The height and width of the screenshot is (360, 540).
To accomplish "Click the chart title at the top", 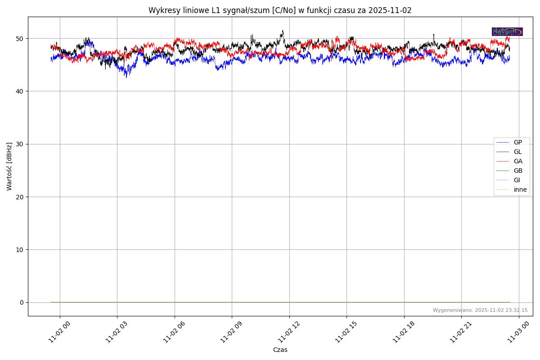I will pyautogui.click(x=280, y=10).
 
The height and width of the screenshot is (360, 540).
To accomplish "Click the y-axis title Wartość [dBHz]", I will pyautogui.click(x=9, y=166).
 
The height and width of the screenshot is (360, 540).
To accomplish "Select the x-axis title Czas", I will pyautogui.click(x=280, y=350).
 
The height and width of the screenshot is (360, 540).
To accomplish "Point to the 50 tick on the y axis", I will pyautogui.click(x=21, y=39).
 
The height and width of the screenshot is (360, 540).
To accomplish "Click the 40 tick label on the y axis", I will pyautogui.click(x=21, y=91).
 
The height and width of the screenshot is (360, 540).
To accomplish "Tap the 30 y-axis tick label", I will pyautogui.click(x=21, y=144).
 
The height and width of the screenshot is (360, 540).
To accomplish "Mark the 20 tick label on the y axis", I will pyautogui.click(x=21, y=197).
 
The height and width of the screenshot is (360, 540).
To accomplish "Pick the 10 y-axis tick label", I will pyautogui.click(x=21, y=249).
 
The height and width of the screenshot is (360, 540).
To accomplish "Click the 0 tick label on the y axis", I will pyautogui.click(x=22, y=302).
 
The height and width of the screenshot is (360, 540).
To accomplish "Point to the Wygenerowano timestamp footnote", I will pyautogui.click(x=480, y=310).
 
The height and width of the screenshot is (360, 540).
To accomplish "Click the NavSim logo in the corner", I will pyautogui.click(x=507, y=31).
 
